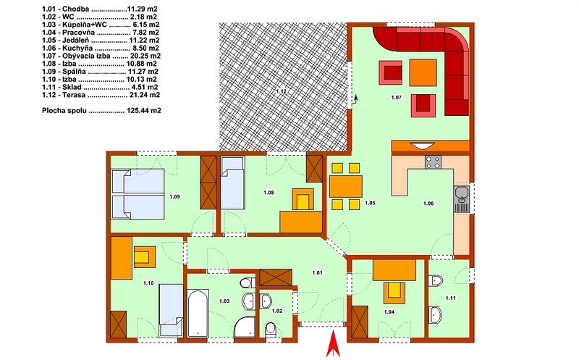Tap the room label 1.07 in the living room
[x=396, y=98]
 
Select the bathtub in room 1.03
[x=198, y=313]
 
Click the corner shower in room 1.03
[x=245, y=327]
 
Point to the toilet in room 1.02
[x=271, y=329]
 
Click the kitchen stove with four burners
[x=433, y=162]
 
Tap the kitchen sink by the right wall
[x=461, y=199]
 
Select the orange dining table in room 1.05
[x=346, y=186]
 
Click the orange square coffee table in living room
[x=423, y=72]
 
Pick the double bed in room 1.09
[x=138, y=194]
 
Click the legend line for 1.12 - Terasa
[x=101, y=95]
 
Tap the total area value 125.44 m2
[x=143, y=111]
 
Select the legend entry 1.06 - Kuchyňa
[x=101, y=48]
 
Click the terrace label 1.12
[x=282, y=91]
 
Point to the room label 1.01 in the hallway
[x=317, y=273]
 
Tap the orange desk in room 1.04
[x=394, y=270]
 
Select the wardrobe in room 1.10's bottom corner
[x=119, y=325]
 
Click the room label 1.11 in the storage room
[x=450, y=298]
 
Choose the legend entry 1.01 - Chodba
[x=101, y=9]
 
